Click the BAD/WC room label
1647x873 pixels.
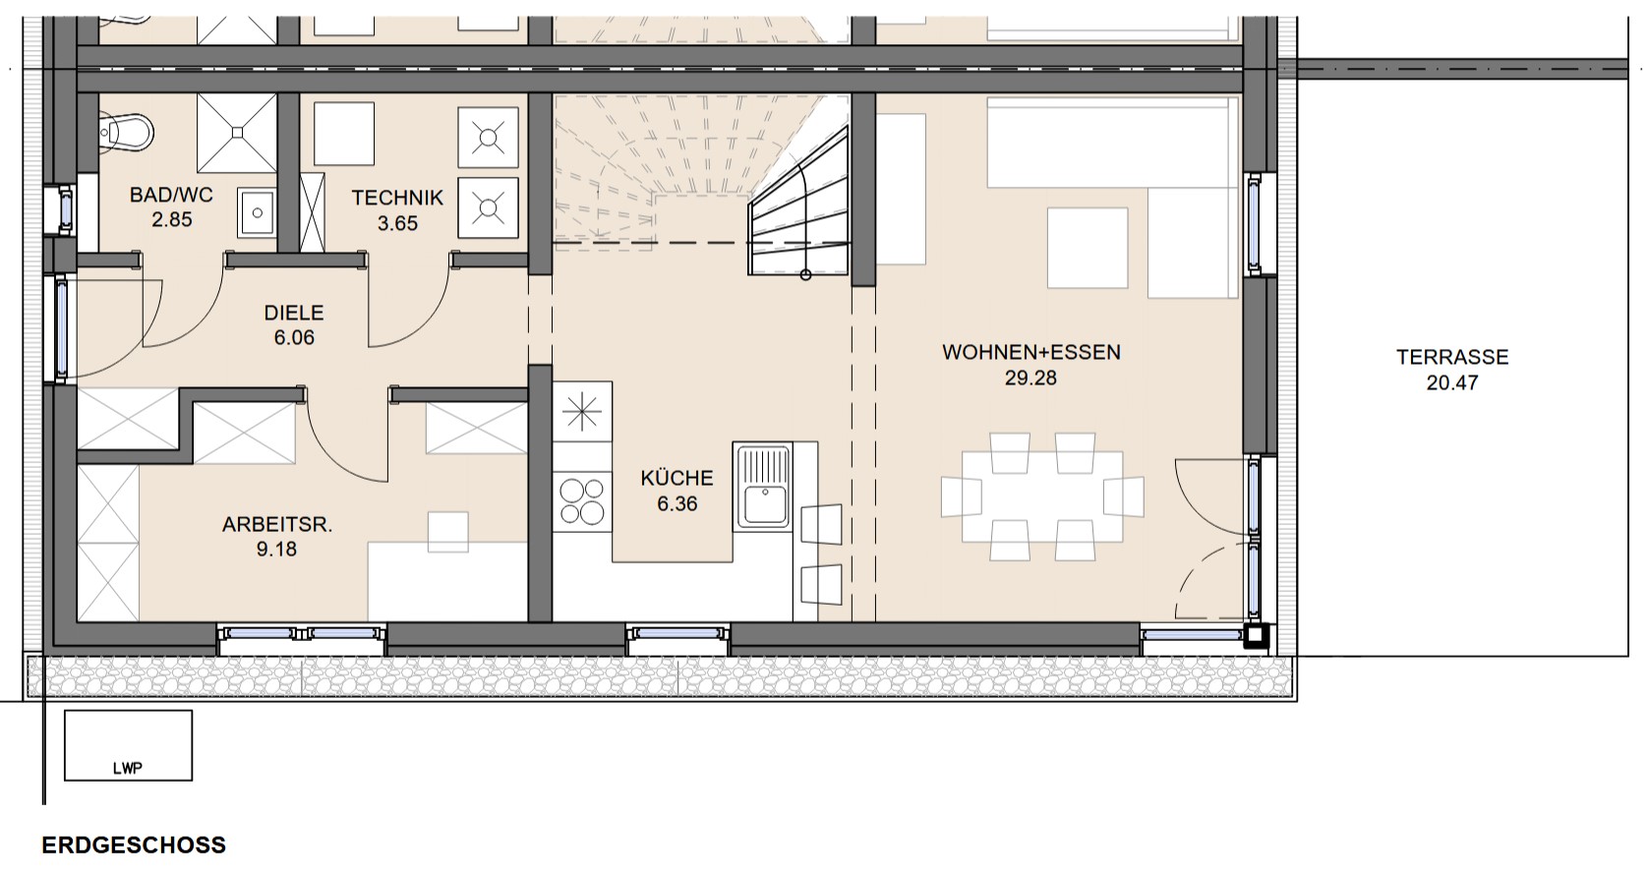(x=171, y=195)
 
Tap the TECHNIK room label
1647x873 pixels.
(x=397, y=198)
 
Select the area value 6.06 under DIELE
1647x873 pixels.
(x=294, y=337)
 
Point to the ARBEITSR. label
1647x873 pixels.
(x=277, y=525)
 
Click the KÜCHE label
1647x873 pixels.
(x=676, y=478)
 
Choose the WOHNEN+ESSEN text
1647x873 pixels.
(x=1030, y=353)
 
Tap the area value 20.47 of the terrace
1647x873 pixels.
(x=1452, y=382)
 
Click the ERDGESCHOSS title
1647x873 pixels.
(x=134, y=845)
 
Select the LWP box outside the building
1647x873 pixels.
(x=129, y=745)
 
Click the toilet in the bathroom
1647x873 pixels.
(x=126, y=133)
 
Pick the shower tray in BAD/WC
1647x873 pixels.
(x=237, y=133)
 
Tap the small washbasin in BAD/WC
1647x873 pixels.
(x=257, y=212)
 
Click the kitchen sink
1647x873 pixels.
(x=765, y=488)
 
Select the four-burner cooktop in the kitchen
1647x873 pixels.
(x=582, y=501)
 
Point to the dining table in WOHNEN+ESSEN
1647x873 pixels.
(x=1042, y=496)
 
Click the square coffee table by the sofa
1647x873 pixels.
(x=1088, y=248)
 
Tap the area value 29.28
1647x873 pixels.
(x=1030, y=378)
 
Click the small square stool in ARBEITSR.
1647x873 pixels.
(x=448, y=532)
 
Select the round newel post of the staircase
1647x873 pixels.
(x=806, y=275)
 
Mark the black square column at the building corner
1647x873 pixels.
(x=1257, y=636)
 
